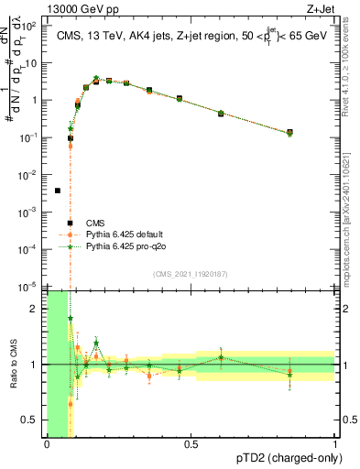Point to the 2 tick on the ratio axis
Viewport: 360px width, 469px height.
[x=35, y=309]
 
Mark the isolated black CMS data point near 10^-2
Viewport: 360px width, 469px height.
[x=58, y=191]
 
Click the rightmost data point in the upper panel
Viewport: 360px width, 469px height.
[x=289, y=133]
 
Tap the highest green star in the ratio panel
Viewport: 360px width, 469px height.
[x=71, y=318]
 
